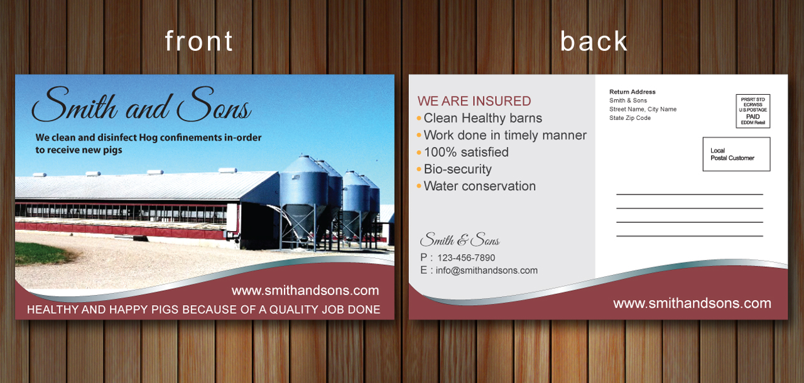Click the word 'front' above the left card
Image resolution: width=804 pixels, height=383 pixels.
pos(199,41)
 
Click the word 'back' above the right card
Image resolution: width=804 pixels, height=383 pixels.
pos(594,41)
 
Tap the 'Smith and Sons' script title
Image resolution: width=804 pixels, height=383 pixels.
pos(141,104)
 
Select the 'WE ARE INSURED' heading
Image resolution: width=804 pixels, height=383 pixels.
pos(474,101)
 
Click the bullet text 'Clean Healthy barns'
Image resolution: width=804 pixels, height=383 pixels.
pos(483,118)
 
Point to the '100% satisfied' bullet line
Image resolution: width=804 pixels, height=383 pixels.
pos(466,152)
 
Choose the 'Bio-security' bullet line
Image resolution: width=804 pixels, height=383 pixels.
pos(458,170)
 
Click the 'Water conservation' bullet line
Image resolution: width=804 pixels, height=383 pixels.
pos(479,186)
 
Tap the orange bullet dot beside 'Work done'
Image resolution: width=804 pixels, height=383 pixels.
pos(419,135)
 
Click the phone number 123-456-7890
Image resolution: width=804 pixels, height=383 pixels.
pos(466,258)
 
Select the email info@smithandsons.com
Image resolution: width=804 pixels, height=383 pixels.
pos(486,271)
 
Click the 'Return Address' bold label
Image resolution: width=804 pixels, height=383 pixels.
pos(632,92)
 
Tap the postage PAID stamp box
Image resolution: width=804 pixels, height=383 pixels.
pos(752,111)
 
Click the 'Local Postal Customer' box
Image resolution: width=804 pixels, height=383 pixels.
pos(736,154)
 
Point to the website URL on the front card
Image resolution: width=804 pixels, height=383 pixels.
pos(305,291)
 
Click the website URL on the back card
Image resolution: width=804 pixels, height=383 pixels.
pos(692,303)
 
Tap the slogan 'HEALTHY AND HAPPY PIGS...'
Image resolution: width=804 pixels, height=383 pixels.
pos(204,310)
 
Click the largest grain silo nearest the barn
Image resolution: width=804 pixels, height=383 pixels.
pos(303,201)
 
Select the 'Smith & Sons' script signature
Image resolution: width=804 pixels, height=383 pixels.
pos(460,240)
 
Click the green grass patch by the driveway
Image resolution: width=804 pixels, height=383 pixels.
pos(40,254)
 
